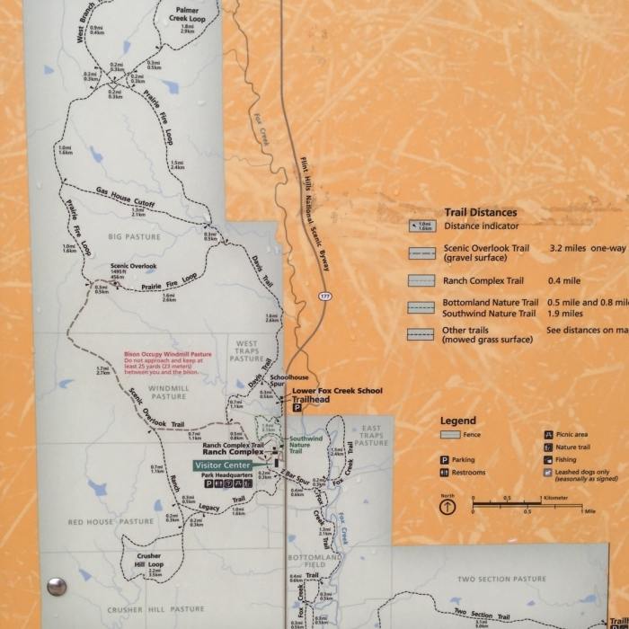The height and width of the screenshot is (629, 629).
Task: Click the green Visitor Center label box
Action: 223,465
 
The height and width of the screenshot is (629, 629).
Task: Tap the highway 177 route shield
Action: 323,295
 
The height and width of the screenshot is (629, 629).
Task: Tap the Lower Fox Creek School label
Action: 337,391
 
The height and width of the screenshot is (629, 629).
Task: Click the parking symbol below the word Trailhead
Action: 297,407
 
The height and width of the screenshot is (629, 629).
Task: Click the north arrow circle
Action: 447,507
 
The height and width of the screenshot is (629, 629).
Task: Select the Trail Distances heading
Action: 480,213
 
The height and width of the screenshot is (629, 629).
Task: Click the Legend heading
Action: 458,421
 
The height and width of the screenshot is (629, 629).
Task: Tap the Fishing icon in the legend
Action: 547,459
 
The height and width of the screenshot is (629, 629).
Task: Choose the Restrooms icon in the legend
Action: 444,473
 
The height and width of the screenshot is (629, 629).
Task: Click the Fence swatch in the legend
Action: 450,435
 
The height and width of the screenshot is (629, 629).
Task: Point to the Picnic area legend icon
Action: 547,434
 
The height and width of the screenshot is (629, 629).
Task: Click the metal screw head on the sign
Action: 57,586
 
